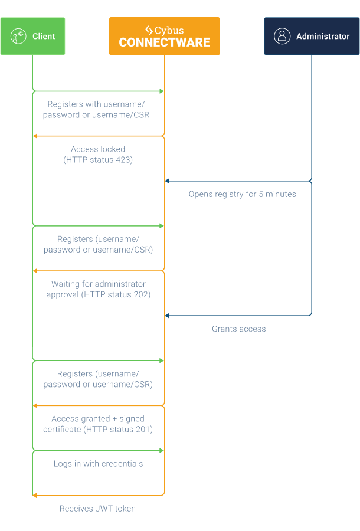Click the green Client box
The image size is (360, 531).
coord(32,36)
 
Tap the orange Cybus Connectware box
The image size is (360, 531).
coord(164,36)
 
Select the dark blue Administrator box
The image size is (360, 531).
coord(312,36)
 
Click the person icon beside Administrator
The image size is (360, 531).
coord(282,36)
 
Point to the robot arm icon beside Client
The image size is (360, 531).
coord(18,36)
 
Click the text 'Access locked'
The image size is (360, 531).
coord(98,149)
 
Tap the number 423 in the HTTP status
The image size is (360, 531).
coord(125,160)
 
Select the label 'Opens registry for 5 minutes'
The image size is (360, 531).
coord(242,194)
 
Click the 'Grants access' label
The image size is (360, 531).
coord(238,329)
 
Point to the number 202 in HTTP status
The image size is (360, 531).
coord(142,294)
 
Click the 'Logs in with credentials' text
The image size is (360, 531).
coord(98,464)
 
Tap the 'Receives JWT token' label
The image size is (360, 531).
coord(97,508)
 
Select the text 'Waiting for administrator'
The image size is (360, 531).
coord(98,284)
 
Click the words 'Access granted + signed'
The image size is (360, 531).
coord(98,418)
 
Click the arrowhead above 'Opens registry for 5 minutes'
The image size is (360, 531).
coord(168,181)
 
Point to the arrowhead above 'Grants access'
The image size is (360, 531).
coord(168,316)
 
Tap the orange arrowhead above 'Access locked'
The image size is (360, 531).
coord(35,136)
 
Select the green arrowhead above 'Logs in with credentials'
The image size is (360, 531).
coord(161,451)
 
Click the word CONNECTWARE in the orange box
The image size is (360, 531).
coord(164,42)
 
